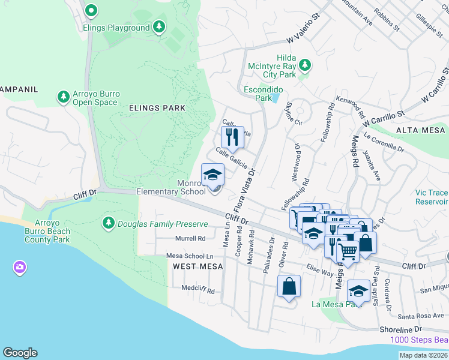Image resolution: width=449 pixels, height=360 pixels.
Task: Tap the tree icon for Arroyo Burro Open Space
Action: (x=63, y=97)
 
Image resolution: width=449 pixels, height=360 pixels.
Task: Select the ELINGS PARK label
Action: (x=157, y=108)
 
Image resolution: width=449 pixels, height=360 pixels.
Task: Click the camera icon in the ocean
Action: (x=19, y=267)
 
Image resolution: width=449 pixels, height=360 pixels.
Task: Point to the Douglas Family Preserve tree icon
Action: (x=109, y=224)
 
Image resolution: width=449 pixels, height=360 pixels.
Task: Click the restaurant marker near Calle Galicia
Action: (x=232, y=137)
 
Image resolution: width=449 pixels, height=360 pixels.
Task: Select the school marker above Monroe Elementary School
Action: (x=212, y=175)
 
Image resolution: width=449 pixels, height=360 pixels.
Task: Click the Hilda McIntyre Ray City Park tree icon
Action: (x=304, y=64)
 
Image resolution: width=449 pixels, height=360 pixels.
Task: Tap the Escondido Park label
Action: (x=264, y=93)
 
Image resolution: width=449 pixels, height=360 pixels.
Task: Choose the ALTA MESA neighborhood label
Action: (x=421, y=130)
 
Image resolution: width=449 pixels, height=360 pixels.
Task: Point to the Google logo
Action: (x=20, y=353)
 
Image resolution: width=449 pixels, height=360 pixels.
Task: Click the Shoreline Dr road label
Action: (x=401, y=329)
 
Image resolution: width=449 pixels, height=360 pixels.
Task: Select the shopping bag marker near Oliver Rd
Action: (x=289, y=286)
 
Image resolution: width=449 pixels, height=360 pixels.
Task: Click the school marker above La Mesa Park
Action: (x=358, y=290)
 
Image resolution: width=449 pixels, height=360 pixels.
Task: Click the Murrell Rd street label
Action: (x=190, y=238)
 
